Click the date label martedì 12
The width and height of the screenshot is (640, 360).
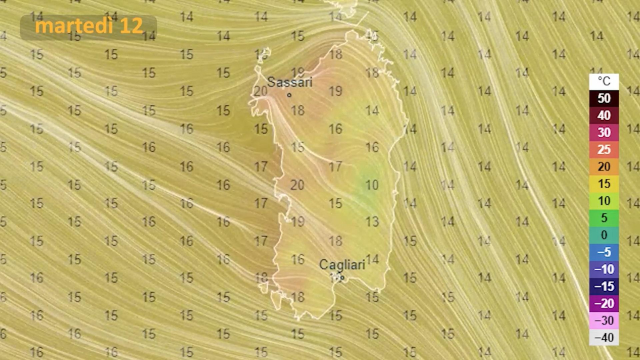pyautogui.click(x=88, y=26)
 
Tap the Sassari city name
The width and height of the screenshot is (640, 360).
pyautogui.click(x=289, y=82)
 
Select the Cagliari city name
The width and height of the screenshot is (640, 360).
pyautogui.click(x=342, y=264)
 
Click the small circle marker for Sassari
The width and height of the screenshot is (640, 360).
pyautogui.click(x=289, y=95)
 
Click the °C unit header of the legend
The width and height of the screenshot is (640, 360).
pyautogui.click(x=604, y=81)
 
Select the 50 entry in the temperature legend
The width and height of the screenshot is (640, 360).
pyautogui.click(x=604, y=98)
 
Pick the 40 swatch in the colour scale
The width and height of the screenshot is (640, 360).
pyautogui.click(x=604, y=115)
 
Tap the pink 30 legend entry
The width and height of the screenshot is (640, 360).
pyautogui.click(x=604, y=132)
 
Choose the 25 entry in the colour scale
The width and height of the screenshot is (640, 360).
pyautogui.click(x=604, y=149)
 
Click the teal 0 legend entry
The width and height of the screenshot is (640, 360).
pyautogui.click(x=604, y=235)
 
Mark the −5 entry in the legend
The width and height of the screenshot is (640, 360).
pyautogui.click(x=604, y=252)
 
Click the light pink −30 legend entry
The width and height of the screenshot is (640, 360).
pyautogui.click(x=604, y=320)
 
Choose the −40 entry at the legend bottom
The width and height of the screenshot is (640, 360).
pyautogui.click(x=604, y=337)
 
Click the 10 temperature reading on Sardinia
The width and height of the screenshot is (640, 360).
pyautogui.click(x=371, y=185)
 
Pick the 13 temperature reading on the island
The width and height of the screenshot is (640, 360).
pyautogui.click(x=371, y=221)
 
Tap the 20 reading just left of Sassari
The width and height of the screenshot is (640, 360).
pyautogui.click(x=260, y=91)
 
